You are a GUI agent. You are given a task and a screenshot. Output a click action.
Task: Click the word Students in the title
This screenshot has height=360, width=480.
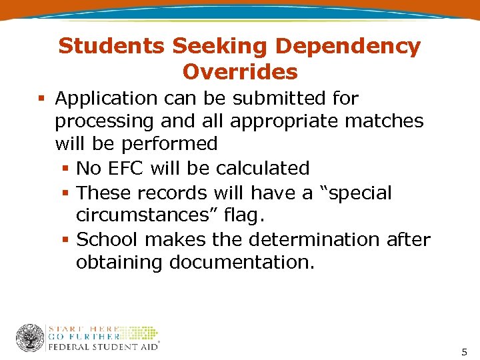tap(111, 47)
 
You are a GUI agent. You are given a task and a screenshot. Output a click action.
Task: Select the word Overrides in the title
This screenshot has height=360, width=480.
tap(240, 71)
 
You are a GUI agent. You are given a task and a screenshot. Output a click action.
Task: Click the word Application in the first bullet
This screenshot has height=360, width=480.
tap(106, 99)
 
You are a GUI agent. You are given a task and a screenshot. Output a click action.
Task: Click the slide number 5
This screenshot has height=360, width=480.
tap(464, 351)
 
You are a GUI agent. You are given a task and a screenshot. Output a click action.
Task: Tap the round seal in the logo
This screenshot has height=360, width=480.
tap(30, 339)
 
